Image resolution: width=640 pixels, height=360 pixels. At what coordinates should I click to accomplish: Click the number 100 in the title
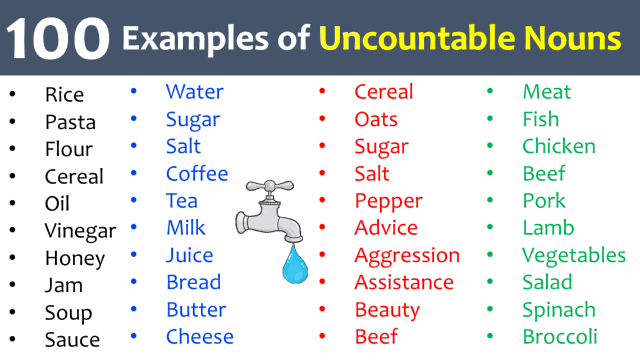click(57, 38)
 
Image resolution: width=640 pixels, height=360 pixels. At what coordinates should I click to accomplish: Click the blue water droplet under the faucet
click(295, 264)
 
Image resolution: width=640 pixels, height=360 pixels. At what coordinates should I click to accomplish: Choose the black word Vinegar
click(80, 231)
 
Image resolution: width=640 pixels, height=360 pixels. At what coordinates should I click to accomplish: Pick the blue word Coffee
click(197, 174)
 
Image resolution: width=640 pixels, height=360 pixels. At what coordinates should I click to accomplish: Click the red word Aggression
click(407, 256)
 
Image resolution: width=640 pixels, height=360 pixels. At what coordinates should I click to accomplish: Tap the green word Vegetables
click(574, 256)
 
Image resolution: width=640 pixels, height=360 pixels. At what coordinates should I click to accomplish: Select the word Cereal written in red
click(383, 92)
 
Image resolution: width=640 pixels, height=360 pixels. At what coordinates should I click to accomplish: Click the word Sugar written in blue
click(193, 120)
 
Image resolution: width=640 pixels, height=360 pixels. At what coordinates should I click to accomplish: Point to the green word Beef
click(543, 174)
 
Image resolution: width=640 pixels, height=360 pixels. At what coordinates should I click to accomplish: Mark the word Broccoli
click(560, 337)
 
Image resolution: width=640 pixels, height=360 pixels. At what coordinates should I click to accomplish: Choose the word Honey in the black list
click(75, 258)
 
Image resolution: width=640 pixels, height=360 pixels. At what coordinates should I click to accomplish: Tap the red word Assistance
click(404, 282)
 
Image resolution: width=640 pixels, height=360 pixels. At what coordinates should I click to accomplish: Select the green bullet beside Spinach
click(490, 309)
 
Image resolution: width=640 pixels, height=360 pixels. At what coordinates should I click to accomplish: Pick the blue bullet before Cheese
click(134, 336)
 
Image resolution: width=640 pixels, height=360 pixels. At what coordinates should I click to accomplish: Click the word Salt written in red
click(372, 174)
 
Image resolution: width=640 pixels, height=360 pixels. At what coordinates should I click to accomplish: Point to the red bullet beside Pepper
click(322, 200)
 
